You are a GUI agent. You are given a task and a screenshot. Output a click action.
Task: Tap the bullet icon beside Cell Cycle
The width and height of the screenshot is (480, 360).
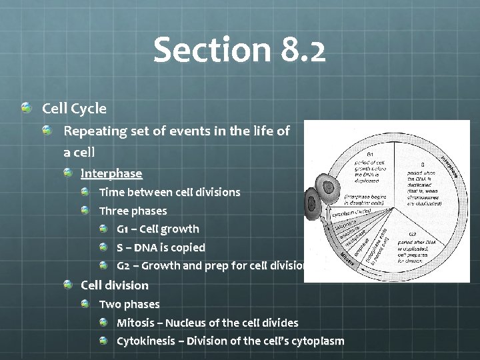click(x=25, y=107)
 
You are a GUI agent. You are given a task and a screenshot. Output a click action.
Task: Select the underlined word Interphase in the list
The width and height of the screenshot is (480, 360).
click(x=111, y=173)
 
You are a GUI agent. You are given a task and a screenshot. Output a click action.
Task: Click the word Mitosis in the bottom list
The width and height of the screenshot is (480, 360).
click(x=138, y=323)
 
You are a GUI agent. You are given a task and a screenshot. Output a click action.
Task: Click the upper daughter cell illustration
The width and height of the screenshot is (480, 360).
click(x=331, y=189)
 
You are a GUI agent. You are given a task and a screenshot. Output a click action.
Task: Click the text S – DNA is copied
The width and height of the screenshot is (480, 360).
click(x=161, y=247)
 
